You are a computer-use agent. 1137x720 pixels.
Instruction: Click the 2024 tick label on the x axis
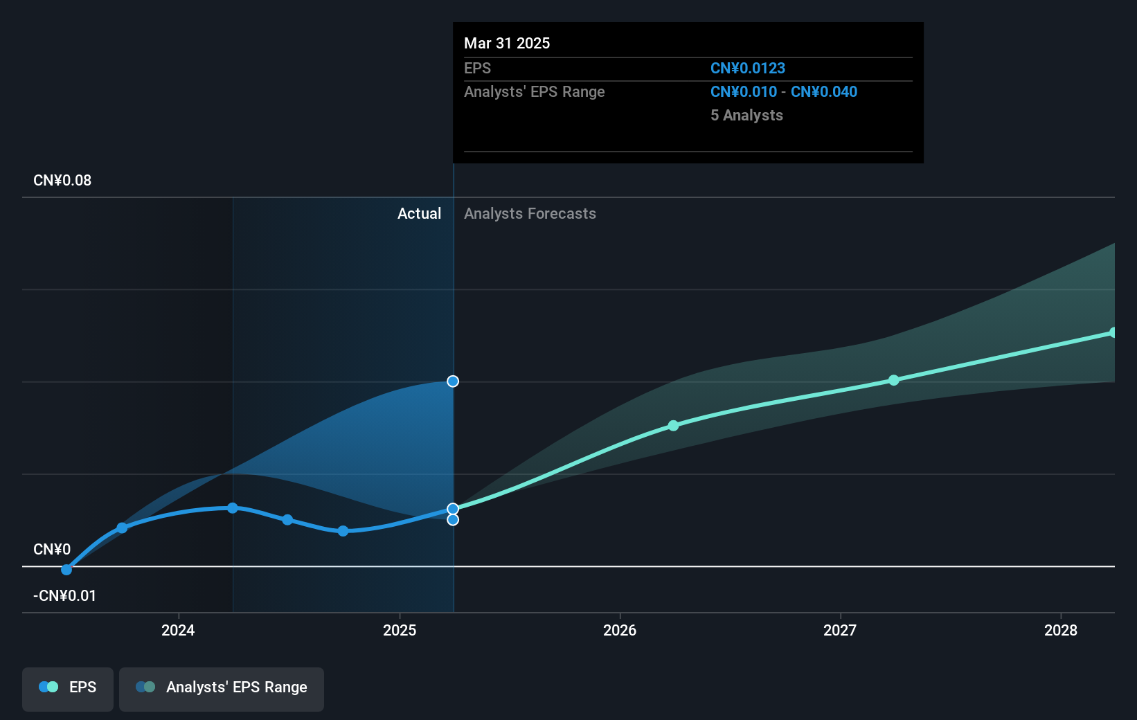pos(178,630)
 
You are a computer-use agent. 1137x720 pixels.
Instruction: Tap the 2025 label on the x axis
pos(400,630)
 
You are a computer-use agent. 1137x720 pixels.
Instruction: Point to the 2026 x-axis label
pos(620,630)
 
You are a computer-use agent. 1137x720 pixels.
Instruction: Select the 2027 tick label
pos(840,630)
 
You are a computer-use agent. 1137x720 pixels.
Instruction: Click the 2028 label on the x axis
pos(1061,630)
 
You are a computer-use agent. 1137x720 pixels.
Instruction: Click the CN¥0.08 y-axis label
pos(62,181)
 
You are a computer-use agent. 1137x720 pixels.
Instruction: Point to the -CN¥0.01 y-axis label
pos(65,595)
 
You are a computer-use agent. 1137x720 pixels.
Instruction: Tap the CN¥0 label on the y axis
pos(52,550)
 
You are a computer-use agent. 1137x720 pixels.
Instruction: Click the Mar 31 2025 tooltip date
pos(507,44)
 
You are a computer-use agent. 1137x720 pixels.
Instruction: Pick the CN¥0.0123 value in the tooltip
pos(748,69)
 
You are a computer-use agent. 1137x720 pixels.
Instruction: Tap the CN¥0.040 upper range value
pos(824,92)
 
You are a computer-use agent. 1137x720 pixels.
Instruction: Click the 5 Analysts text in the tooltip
pos(746,116)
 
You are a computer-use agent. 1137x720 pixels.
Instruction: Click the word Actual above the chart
pos(419,214)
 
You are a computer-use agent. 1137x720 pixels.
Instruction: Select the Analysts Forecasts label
pos(530,214)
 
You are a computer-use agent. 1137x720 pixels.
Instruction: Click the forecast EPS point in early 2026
pos(673,426)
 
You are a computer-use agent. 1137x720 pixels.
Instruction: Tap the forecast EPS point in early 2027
pos(894,380)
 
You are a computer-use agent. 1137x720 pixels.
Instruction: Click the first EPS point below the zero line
pos(66,570)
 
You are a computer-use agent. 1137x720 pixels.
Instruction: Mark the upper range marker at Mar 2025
pos(453,381)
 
